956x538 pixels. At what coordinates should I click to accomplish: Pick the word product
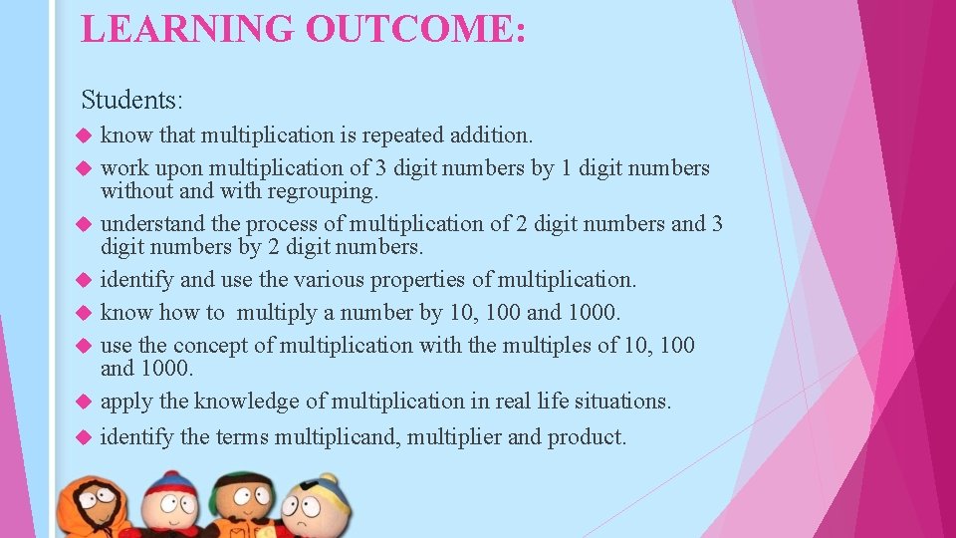pyautogui.click(x=587, y=436)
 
